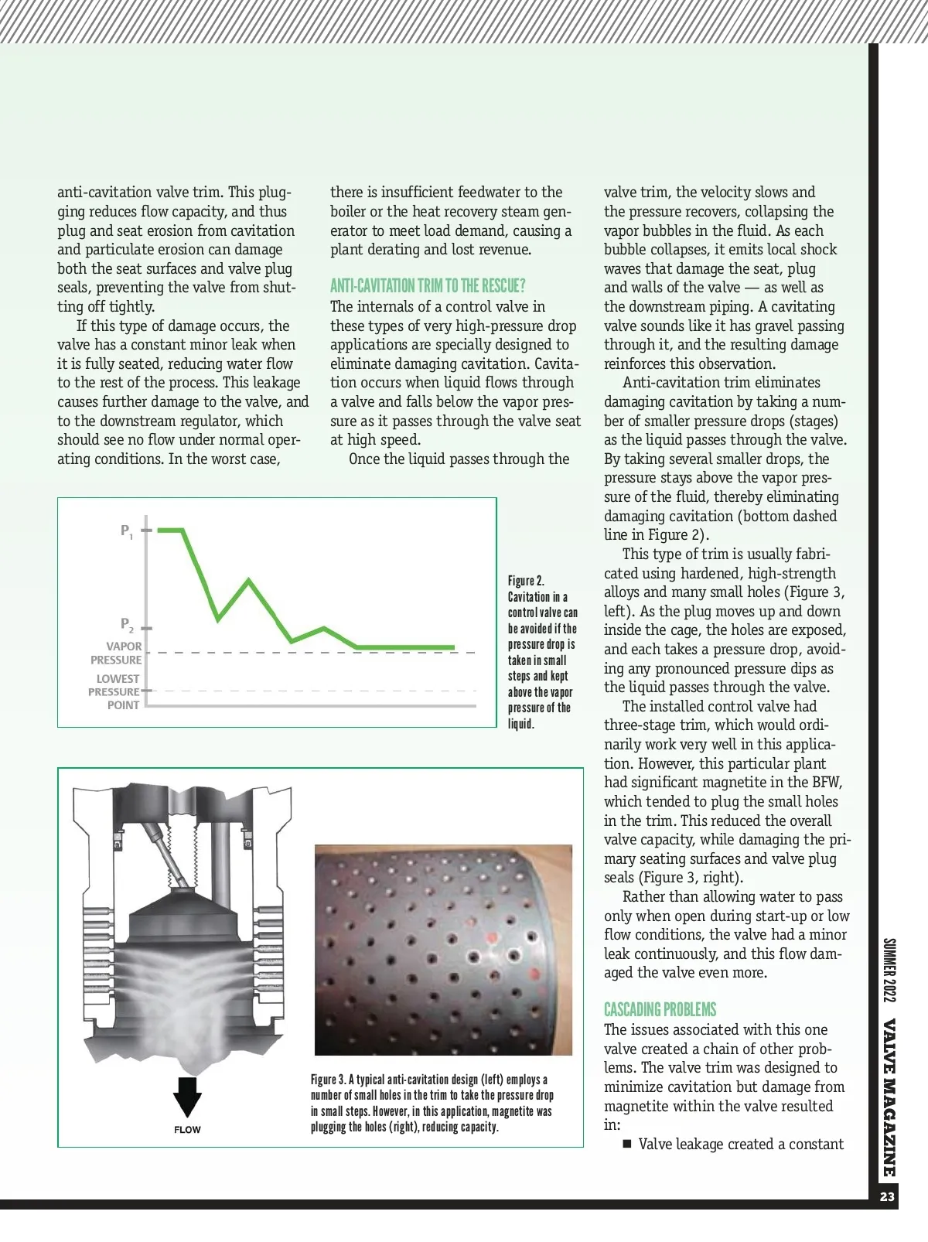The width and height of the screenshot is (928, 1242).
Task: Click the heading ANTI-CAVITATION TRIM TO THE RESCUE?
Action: [x=428, y=286]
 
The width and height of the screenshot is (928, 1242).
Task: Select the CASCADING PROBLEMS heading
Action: [x=660, y=1009]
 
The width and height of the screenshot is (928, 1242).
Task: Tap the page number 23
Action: [x=887, y=1197]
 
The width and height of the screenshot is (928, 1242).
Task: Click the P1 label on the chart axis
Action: [x=127, y=531]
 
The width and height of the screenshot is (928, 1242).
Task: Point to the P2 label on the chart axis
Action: [x=127, y=625]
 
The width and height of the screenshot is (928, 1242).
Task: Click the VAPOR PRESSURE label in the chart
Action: [x=117, y=653]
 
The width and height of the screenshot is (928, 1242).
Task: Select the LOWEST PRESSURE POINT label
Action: [x=114, y=691]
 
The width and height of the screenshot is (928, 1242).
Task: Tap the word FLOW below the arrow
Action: [x=187, y=1130]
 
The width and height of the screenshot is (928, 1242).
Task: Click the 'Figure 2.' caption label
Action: [x=526, y=581]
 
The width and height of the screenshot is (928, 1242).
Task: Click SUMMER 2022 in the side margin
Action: [x=889, y=970]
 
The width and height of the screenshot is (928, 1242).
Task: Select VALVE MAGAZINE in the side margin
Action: [x=889, y=1098]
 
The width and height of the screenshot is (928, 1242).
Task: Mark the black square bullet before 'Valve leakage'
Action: [x=628, y=1145]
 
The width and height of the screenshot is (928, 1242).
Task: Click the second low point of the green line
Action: [x=292, y=641]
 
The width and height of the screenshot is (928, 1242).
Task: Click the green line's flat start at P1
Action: [x=170, y=531]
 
